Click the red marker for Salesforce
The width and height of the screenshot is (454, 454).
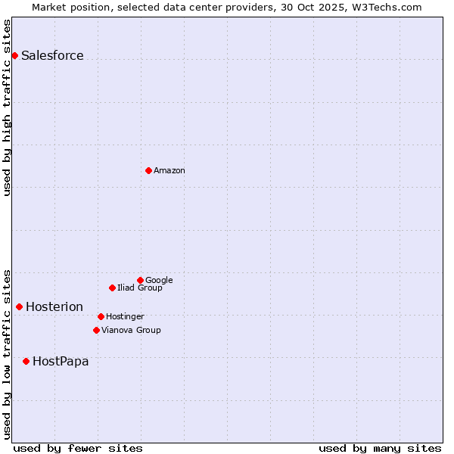tap(14, 55)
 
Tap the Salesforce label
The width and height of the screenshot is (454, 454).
tap(52, 55)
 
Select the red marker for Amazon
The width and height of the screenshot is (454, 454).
tap(148, 170)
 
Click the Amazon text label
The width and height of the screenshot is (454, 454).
tap(169, 170)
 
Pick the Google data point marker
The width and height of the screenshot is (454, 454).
tap(140, 280)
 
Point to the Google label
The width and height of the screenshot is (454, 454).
tap(159, 280)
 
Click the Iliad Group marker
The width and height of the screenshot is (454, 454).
tap(112, 288)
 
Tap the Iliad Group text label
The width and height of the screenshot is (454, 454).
tap(140, 288)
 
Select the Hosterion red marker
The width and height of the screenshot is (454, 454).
tap(19, 306)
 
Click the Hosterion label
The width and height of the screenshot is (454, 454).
tap(54, 306)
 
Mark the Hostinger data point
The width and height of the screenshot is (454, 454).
tap(101, 316)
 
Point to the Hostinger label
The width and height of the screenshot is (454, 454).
tap(125, 316)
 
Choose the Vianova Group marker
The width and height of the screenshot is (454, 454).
tap(96, 330)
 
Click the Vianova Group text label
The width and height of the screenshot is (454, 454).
tap(131, 330)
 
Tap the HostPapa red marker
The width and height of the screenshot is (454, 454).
tap(26, 361)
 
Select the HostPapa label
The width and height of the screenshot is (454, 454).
tap(61, 361)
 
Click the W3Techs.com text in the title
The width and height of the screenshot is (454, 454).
tap(390, 7)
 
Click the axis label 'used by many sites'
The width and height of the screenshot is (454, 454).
tap(380, 448)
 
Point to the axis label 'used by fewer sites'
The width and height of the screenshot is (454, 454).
tap(78, 448)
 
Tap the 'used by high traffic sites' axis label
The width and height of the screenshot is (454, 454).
tap(7, 107)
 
